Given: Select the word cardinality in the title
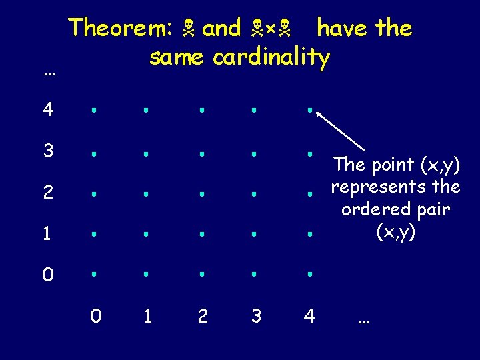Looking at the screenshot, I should click(x=271, y=58).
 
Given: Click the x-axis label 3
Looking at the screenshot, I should click(x=256, y=316).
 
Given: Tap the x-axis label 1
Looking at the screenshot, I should click(x=147, y=316).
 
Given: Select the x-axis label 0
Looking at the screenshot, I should click(x=96, y=316).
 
